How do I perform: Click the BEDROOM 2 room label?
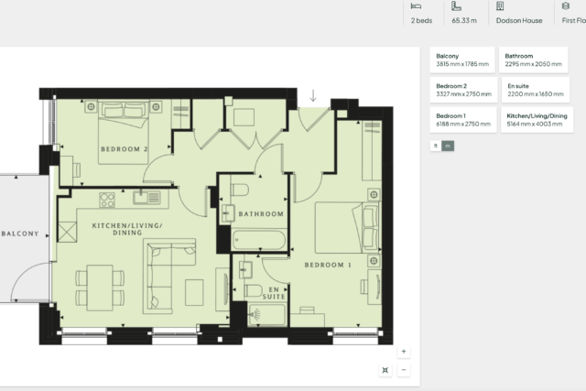point(125,149)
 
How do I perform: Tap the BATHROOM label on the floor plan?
point(261,214)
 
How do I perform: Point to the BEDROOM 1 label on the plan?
point(328,265)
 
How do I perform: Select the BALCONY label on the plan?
point(20,234)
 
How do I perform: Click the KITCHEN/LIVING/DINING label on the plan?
point(127,229)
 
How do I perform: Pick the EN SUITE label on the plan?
point(274,293)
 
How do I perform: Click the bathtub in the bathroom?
point(259,240)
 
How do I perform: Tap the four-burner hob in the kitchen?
point(107,200)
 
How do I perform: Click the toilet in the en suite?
point(254,290)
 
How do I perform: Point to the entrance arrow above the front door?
point(313,96)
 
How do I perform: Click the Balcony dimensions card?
point(462,60)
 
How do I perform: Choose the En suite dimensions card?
point(535,90)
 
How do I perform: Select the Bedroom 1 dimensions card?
point(463,120)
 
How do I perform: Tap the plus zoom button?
point(404,352)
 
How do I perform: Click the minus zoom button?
point(404,370)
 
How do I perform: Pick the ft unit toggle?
point(436,146)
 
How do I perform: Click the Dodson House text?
point(519,20)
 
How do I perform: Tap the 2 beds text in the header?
point(421,20)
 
